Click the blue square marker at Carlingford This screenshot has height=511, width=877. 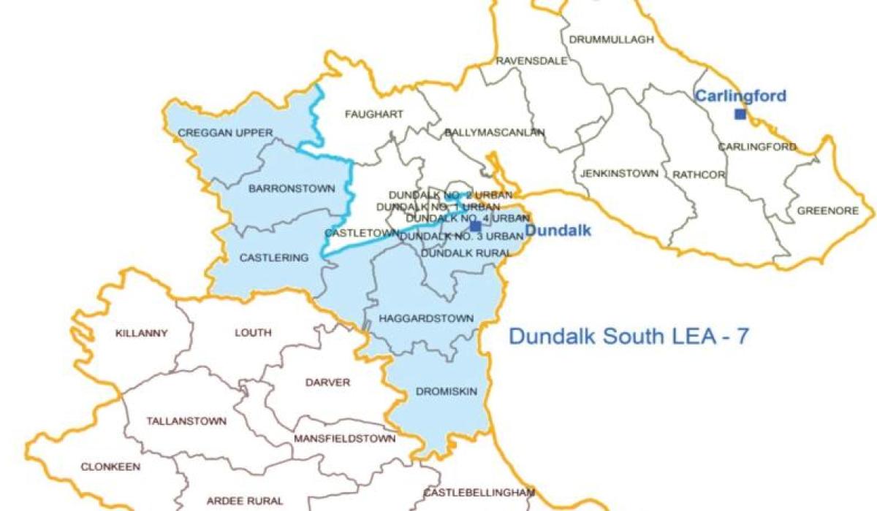pyautogui.click(x=740, y=114)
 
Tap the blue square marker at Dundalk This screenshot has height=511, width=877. pyautogui.click(x=476, y=226)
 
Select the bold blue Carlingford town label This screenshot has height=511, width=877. pyautogui.click(x=740, y=96)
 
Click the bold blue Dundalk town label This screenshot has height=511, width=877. pyautogui.click(x=558, y=232)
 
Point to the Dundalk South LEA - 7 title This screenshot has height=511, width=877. pyautogui.click(x=628, y=337)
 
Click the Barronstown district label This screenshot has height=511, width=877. pyautogui.click(x=292, y=188)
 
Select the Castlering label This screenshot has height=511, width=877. pyautogui.click(x=274, y=258)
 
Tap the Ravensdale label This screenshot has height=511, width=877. pyautogui.click(x=531, y=61)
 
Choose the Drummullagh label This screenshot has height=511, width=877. pyautogui.click(x=610, y=39)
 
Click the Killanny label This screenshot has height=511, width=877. pyautogui.click(x=142, y=334)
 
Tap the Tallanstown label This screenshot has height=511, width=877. pyautogui.click(x=186, y=421)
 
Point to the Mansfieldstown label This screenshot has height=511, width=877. pyautogui.click(x=344, y=439)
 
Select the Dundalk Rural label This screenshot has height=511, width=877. pyautogui.click(x=466, y=252)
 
